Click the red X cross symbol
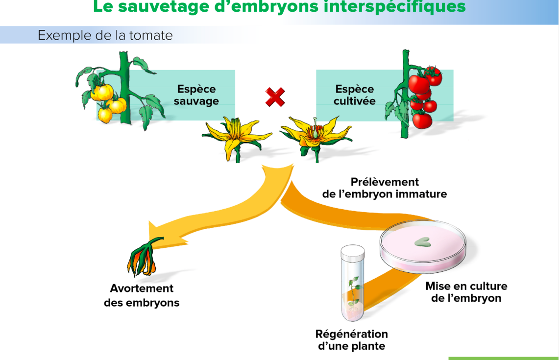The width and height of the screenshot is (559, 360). pos(275,97)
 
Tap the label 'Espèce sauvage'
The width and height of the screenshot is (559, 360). pos(196,95)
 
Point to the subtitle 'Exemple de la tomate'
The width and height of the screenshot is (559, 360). pos(105,36)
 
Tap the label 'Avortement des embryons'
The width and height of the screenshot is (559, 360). pos(142,295)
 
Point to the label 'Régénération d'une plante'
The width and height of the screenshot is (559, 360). pos(352,340)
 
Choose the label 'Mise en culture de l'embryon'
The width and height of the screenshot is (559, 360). pos(466,292)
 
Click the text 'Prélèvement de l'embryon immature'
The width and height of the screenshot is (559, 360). pos(385,188)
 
